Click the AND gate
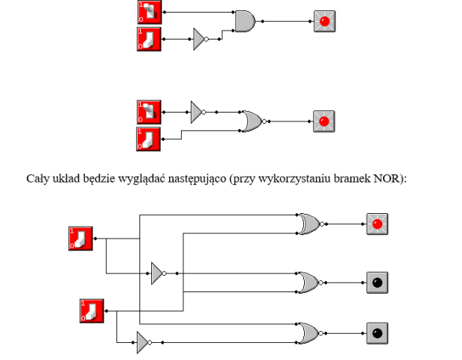coord(245,21)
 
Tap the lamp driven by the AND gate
coord(324,21)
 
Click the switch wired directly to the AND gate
coord(149,12)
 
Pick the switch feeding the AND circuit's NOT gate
coord(149,40)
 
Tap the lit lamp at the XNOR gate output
coord(377,224)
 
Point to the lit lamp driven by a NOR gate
coord(324,121)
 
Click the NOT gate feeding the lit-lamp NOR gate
coord(198,113)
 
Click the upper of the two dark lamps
coord(377,282)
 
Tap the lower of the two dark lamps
coord(377,333)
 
